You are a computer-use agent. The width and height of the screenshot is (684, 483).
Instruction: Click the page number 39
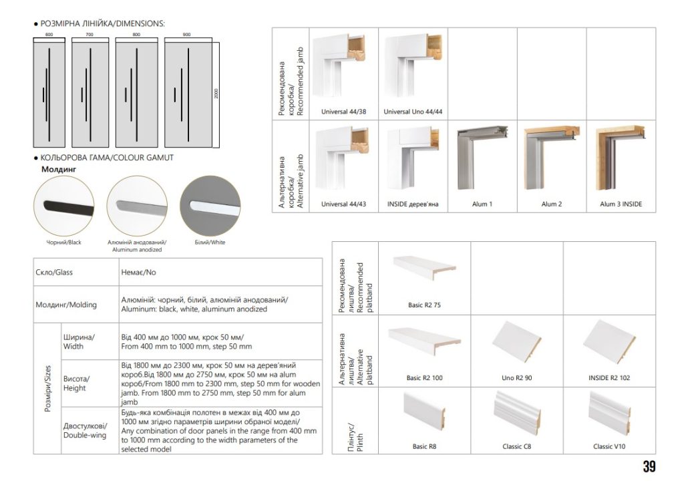pyautogui.click(x=649, y=466)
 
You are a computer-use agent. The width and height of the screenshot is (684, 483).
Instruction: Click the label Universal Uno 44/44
pyautogui.click(x=413, y=112)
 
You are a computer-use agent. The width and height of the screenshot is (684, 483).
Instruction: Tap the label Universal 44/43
pyautogui.click(x=343, y=204)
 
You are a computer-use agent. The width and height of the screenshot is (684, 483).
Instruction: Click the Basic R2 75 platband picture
pyautogui.click(x=424, y=271)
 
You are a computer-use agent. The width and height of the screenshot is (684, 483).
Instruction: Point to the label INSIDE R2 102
pyautogui.click(x=609, y=378)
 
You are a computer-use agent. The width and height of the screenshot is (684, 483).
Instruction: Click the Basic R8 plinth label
pyautogui.click(x=424, y=446)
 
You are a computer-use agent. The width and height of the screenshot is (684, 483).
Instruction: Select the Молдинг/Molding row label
pyautogui.click(x=65, y=305)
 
